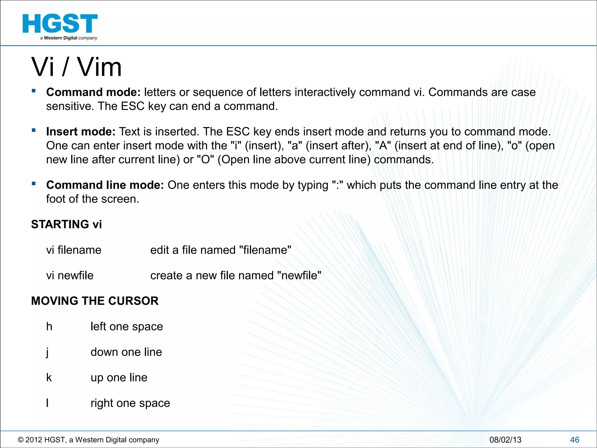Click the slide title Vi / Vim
[76, 67]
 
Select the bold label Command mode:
[93, 92]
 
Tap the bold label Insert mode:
[81, 132]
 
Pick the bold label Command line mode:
[105, 185]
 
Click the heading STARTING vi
[66, 224]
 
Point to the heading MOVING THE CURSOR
[95, 301]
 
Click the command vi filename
[74, 250]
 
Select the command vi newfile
[70, 275]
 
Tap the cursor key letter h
[49, 326]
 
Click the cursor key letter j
[48, 352]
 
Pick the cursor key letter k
[49, 377]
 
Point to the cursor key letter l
[47, 403]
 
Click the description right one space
[130, 403]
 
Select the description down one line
[126, 352]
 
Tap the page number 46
[575, 440]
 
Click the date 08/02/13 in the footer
[505, 440]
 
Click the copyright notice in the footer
[89, 440]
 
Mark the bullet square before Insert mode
[34, 130]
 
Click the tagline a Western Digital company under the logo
[69, 38]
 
